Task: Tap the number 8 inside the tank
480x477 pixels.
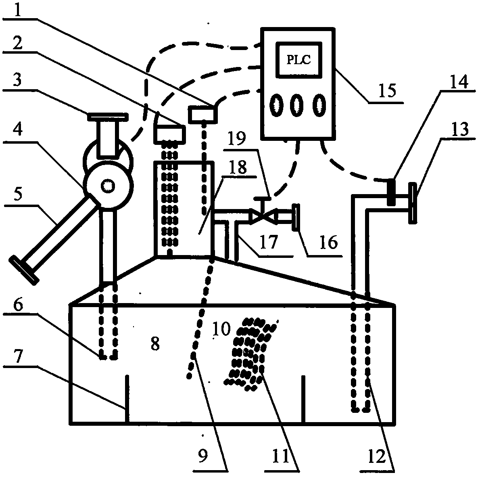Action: [x=155, y=343]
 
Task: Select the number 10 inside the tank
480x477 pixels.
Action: [x=220, y=329]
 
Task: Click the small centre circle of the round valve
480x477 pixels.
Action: [x=107, y=185]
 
